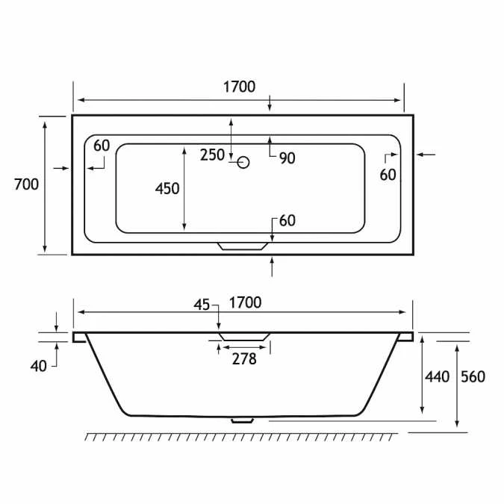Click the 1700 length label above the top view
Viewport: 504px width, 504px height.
click(239, 87)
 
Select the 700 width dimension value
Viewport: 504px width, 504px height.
click(26, 185)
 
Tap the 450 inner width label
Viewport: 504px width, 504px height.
click(167, 188)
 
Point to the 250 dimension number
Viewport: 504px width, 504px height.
click(212, 155)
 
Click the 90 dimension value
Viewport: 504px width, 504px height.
click(287, 158)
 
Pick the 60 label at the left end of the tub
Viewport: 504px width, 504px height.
click(102, 146)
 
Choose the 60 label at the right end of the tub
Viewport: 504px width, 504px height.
click(388, 175)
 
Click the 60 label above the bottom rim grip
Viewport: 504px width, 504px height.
click(287, 220)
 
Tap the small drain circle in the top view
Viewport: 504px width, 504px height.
click(243, 161)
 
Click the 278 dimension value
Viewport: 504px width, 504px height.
click(243, 359)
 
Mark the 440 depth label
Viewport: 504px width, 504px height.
click(437, 376)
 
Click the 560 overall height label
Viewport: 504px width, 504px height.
click(472, 376)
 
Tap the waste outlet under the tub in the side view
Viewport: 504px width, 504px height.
click(243, 420)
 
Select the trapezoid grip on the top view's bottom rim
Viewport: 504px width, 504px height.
click(243, 245)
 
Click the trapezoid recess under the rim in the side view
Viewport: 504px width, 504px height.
click(243, 337)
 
